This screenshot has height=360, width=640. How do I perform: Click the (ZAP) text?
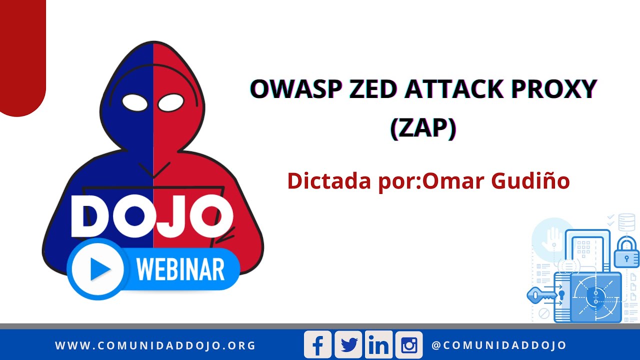click(423, 128)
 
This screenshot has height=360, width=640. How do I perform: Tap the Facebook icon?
click(317, 345)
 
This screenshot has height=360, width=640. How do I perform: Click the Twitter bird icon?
click(348, 345)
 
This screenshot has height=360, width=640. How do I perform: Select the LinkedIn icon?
click(378, 345)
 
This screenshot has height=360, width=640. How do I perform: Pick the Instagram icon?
click(409, 345)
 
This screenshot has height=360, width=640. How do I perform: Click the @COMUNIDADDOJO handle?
click(498, 345)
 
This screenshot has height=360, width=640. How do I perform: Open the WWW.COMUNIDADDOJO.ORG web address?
click(155, 345)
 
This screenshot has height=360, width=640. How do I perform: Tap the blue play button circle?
click(98, 269)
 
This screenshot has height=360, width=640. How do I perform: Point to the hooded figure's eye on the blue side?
click(135, 103)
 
